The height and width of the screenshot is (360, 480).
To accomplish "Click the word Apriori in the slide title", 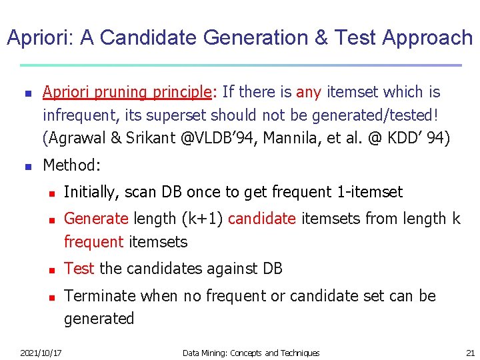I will click(39, 38).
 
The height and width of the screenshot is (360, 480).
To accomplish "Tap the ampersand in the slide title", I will click(321, 38).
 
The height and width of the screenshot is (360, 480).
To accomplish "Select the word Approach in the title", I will click(427, 38).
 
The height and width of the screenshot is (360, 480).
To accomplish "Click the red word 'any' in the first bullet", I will click(309, 92).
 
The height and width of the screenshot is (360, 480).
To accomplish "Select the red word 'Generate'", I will click(96, 219).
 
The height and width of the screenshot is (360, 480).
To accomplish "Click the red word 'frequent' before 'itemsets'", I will click(94, 242).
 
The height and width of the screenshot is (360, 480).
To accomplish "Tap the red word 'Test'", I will click(79, 269).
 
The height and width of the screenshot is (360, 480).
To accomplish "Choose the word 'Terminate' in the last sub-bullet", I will click(99, 295).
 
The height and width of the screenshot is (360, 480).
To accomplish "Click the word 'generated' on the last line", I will click(99, 319).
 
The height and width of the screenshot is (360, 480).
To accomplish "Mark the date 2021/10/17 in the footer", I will click(41, 353).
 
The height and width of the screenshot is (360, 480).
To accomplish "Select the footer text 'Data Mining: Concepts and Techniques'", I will click(251, 353).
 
